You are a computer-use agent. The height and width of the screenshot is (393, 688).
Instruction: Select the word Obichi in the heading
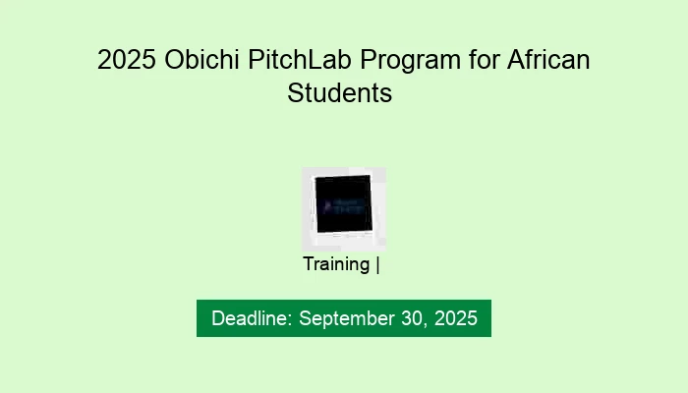coord(195,61)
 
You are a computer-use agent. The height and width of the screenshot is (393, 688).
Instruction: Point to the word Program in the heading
coord(403,61)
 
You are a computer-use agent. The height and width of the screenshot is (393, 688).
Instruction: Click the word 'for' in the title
coord(476,61)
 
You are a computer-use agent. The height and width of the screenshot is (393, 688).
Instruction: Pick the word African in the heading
coord(546,61)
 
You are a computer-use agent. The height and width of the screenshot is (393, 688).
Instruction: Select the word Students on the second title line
coord(340,93)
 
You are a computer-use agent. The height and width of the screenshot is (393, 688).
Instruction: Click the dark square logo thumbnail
coord(343,207)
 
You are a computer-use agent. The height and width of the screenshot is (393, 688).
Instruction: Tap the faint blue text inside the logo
coord(342,204)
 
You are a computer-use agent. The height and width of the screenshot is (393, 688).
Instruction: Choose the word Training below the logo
coord(336,264)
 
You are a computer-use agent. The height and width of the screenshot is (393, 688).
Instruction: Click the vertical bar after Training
coord(378,264)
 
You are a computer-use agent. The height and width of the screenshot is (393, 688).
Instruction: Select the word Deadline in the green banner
coord(252,318)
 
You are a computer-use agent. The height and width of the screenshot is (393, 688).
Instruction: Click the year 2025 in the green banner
coord(456,318)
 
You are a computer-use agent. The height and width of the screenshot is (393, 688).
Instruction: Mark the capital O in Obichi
coord(167,61)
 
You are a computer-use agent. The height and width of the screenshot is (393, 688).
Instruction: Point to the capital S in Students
coord(295,93)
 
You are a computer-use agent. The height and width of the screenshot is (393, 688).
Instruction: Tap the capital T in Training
coord(309,264)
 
